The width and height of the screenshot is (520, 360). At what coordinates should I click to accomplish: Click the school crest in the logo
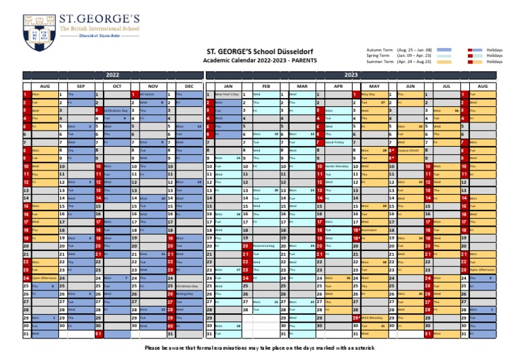40,26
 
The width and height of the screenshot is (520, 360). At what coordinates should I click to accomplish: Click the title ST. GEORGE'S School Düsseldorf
259,51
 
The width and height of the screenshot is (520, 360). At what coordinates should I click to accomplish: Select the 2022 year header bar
112,74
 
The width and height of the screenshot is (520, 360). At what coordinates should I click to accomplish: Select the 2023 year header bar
351,74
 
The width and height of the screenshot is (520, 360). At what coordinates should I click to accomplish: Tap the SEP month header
81,87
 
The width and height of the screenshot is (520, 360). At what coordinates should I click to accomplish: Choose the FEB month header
266,87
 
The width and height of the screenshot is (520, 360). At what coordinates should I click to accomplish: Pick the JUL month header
447,87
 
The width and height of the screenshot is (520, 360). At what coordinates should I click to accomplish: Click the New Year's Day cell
227,95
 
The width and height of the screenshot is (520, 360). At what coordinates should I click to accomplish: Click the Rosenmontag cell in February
263,246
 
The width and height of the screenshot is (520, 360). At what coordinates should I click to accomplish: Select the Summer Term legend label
380,62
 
